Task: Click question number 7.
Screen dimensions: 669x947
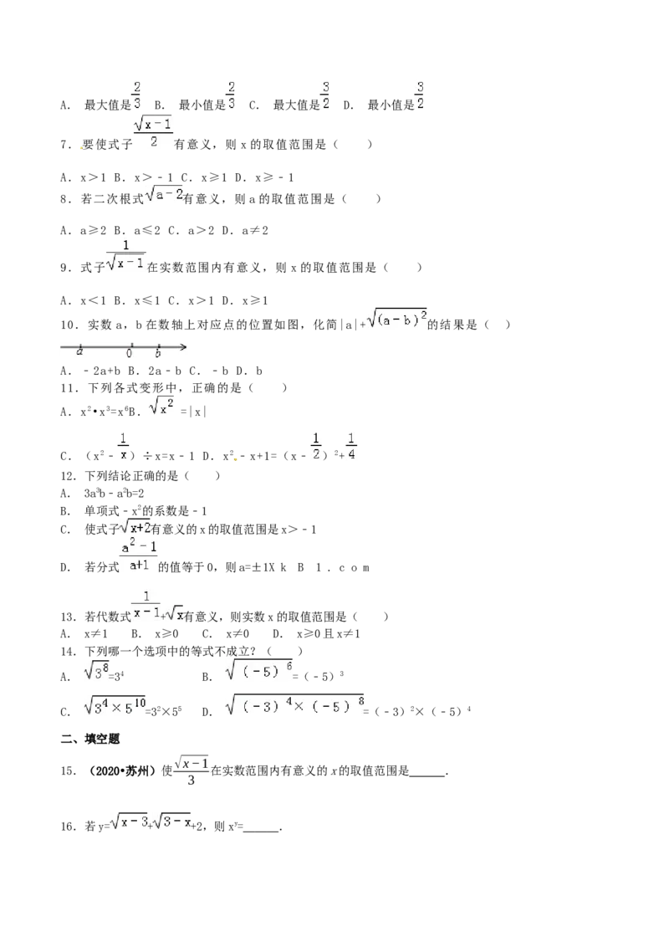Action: click(x=66, y=145)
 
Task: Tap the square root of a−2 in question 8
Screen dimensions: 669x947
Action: click(x=164, y=194)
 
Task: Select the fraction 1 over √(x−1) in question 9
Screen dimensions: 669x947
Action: click(x=125, y=256)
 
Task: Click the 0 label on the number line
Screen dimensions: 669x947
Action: click(x=130, y=353)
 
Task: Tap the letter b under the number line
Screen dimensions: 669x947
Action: click(x=158, y=353)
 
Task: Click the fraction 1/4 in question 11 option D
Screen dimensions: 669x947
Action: click(x=351, y=447)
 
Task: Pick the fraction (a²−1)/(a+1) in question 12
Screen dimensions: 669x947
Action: click(x=139, y=556)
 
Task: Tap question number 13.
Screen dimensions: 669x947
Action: click(x=69, y=617)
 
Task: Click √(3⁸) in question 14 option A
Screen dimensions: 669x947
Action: click(x=97, y=670)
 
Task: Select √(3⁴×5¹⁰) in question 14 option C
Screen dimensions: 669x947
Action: click(x=115, y=705)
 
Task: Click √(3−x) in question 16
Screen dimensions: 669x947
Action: click(x=172, y=822)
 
